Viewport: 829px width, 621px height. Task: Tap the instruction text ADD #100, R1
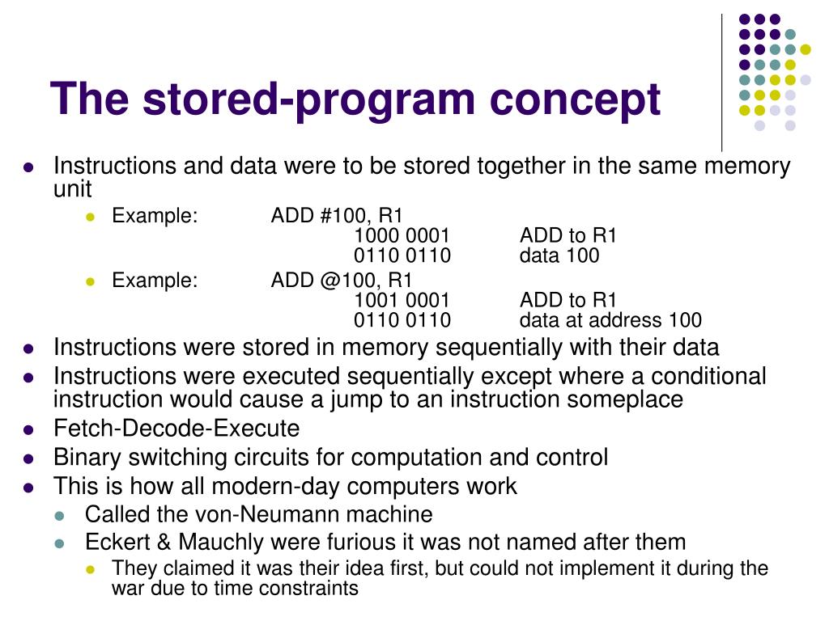coord(337,216)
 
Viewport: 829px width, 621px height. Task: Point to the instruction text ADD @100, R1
coord(342,281)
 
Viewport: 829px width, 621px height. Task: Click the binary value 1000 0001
coord(402,236)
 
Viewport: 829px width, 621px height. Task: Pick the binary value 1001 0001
coord(402,301)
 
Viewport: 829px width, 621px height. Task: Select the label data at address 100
coord(610,320)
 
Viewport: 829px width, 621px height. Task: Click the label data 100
coord(559,256)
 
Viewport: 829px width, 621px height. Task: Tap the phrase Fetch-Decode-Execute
coord(176,429)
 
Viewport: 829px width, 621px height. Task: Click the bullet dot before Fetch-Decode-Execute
coord(28,429)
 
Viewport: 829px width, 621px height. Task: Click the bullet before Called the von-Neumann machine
coord(59,515)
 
